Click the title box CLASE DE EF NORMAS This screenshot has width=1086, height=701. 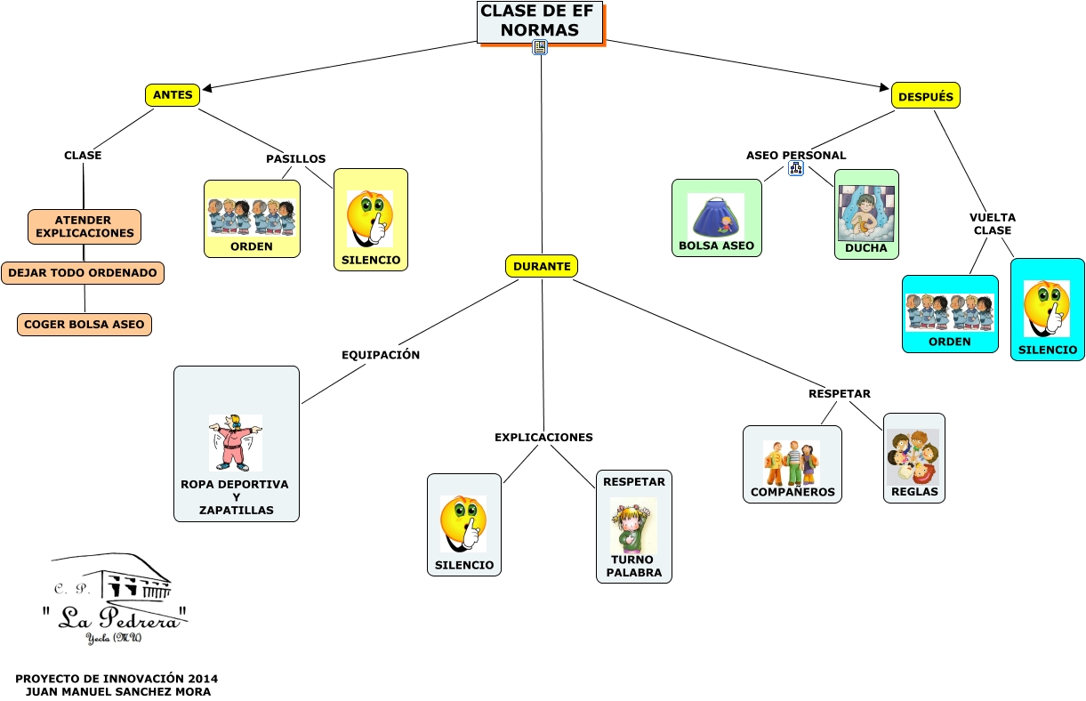540,21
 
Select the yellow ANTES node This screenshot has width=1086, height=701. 173,95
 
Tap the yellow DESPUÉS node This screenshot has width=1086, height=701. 925,96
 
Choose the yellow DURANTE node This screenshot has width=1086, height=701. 542,266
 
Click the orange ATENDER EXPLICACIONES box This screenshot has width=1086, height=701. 84,227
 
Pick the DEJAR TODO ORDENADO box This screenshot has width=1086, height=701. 83,273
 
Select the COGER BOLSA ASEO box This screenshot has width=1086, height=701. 84,325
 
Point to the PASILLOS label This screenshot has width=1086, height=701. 295,159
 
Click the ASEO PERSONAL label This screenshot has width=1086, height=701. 796,155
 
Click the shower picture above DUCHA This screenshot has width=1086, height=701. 865,214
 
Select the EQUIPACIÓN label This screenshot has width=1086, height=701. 381,355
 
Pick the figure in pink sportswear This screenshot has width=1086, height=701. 236,442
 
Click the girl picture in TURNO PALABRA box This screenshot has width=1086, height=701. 633,525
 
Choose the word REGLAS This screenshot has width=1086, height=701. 915,492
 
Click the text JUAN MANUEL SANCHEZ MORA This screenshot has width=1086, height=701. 117,691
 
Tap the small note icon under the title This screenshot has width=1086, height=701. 540,47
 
